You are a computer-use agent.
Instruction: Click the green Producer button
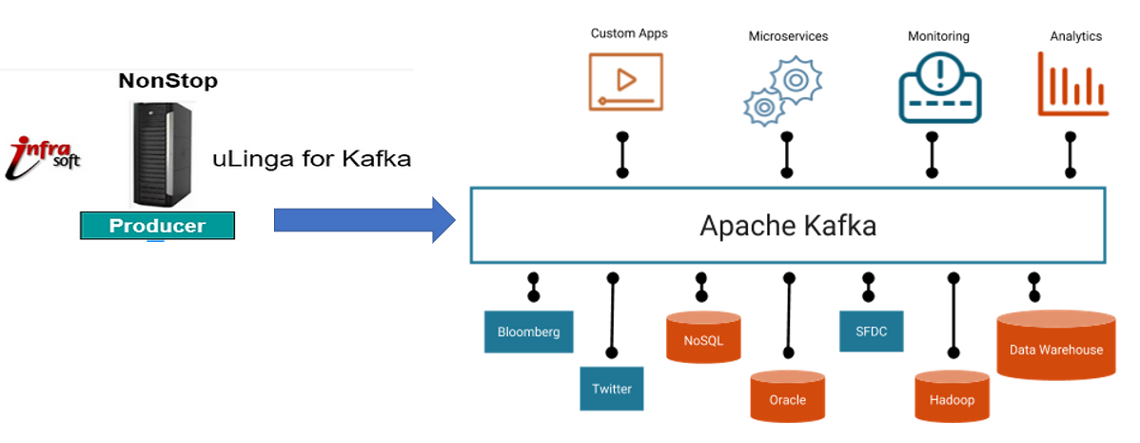157,226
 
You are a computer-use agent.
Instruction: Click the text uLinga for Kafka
311,158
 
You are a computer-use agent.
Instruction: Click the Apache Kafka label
788,226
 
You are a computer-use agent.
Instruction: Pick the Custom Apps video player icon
625,80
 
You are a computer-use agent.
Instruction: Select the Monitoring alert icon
940,87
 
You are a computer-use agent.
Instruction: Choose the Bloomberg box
529,332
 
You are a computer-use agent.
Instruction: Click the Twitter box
611,389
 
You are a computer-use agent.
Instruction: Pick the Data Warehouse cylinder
1055,346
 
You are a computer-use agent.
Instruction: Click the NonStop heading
167,81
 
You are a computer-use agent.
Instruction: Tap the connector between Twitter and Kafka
612,324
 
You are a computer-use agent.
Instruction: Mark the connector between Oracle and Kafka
788,324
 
